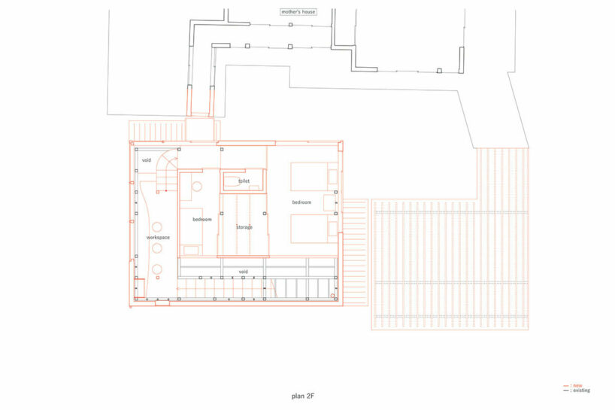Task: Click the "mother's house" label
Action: pos(297,12)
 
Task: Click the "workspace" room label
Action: pos(159,238)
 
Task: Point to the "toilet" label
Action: pos(244,181)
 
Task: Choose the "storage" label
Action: pos(244,226)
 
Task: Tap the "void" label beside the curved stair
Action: pos(147,160)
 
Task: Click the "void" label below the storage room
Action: pos(244,271)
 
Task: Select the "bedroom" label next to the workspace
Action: pos(202,219)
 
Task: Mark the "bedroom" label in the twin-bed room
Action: pos(302,203)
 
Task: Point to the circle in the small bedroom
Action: pos(197,187)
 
